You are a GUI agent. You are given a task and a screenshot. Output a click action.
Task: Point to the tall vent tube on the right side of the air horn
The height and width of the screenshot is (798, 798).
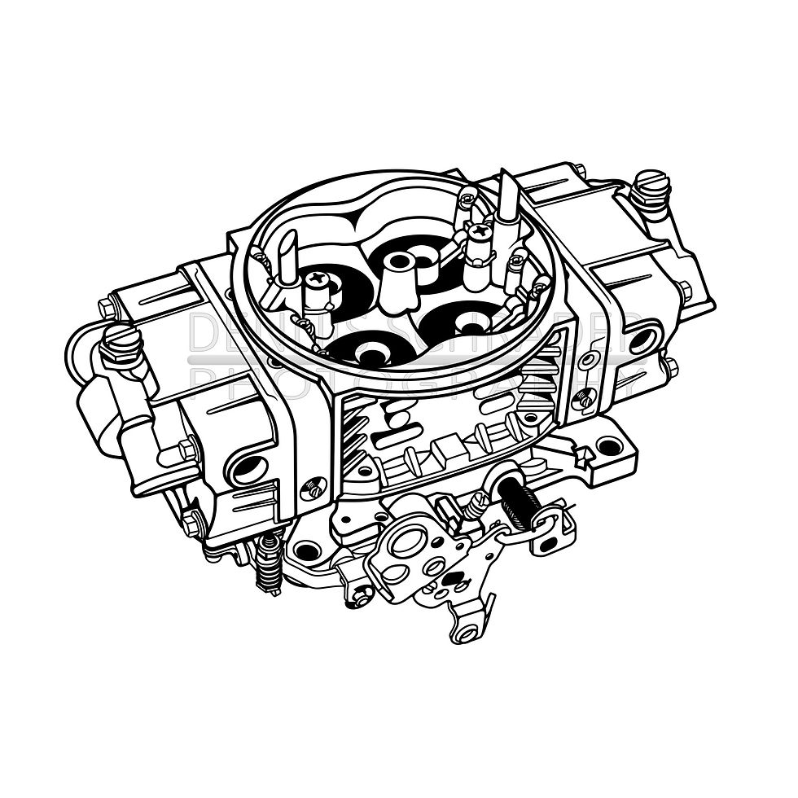(508, 200)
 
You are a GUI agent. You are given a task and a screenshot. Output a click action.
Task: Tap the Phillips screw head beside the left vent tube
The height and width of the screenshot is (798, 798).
(313, 279)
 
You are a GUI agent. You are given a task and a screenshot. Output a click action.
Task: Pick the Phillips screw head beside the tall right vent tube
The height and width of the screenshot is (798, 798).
(480, 232)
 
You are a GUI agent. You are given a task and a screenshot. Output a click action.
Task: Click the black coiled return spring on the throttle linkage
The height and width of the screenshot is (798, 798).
(515, 498)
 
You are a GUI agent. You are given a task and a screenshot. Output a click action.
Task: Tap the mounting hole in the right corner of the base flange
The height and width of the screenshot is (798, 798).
(608, 446)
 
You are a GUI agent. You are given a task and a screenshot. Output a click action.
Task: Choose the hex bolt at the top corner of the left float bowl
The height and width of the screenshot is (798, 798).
(107, 308)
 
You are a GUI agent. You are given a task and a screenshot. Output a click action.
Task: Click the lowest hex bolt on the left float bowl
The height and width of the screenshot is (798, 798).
(190, 524)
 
